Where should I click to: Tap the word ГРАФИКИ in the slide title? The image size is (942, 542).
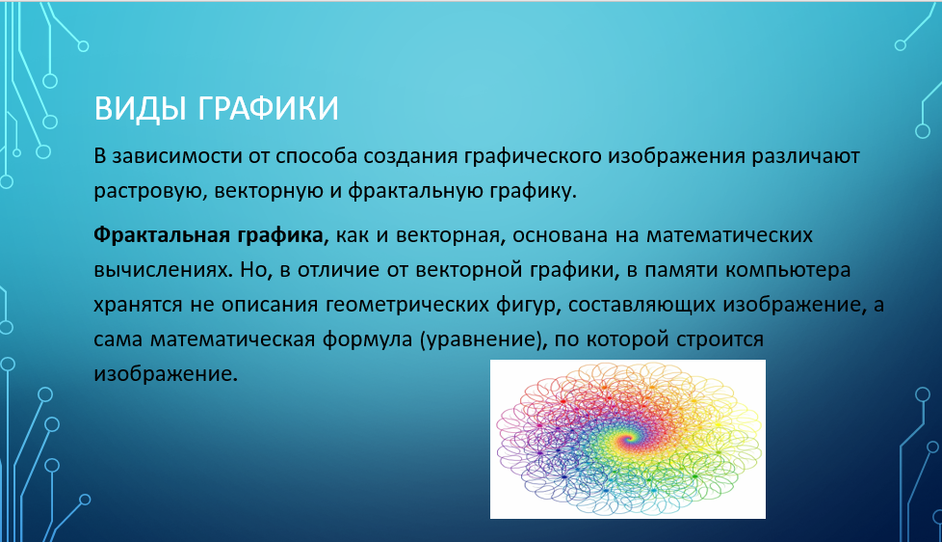(x=268, y=108)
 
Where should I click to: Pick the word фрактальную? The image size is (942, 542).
(x=412, y=191)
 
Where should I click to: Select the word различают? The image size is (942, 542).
(x=805, y=156)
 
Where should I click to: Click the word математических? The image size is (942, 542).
(x=729, y=234)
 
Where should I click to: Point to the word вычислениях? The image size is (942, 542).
(x=162, y=269)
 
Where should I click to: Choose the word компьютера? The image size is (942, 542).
(x=788, y=270)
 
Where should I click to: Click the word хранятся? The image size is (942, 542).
(x=138, y=305)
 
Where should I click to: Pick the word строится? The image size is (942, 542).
(x=720, y=339)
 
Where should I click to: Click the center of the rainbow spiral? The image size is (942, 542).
(x=629, y=440)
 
